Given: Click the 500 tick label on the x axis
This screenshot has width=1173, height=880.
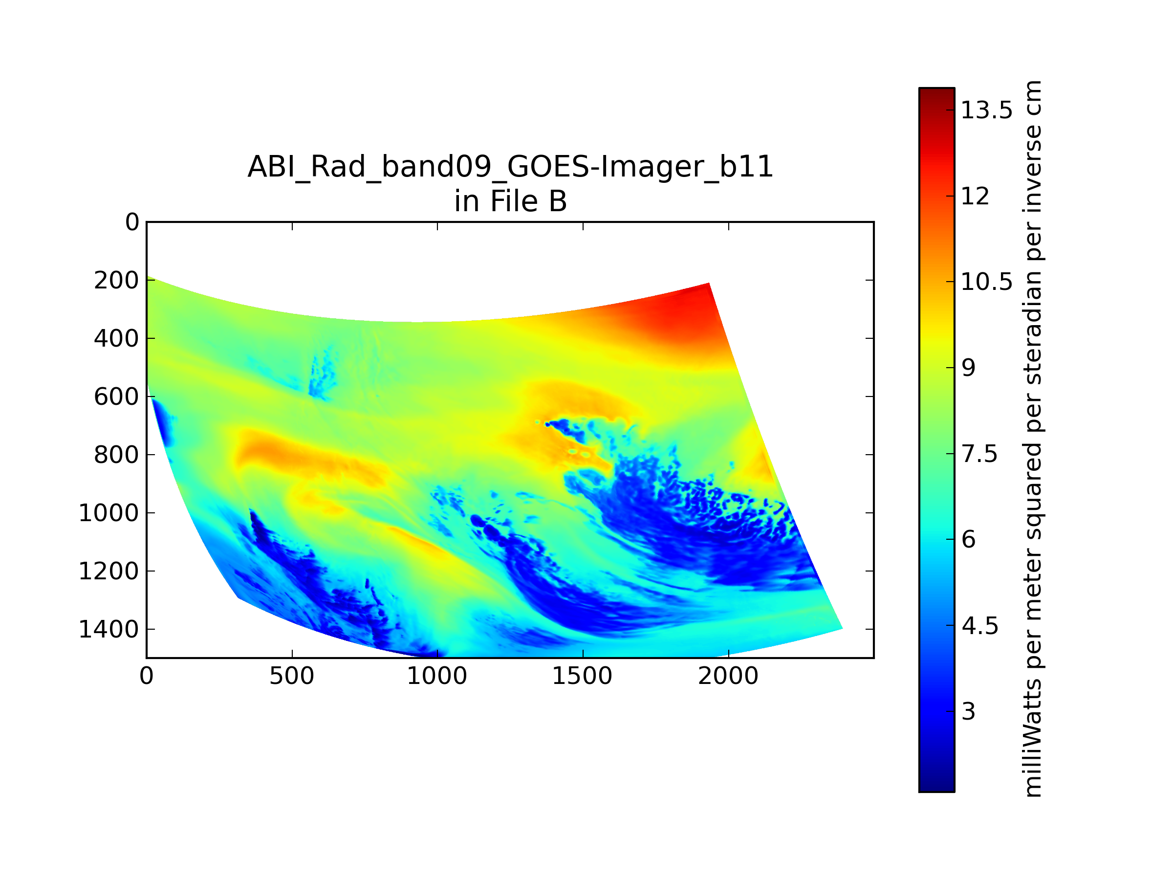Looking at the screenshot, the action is coord(292,676).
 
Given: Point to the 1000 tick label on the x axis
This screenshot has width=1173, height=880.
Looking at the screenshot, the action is coord(437,676).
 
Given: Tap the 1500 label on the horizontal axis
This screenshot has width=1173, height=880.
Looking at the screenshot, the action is coord(582,676).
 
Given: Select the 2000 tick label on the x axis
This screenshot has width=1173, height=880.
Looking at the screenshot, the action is coord(728,676).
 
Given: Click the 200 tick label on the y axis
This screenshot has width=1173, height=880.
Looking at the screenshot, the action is coord(117,281).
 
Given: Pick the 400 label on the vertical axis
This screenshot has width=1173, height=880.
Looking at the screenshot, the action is coord(117,338).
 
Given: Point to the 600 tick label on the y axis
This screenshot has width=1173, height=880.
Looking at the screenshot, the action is coord(117,397).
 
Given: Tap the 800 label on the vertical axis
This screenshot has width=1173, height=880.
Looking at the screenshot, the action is coord(117,455).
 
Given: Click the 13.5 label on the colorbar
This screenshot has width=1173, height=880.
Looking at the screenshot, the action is coord(987,110).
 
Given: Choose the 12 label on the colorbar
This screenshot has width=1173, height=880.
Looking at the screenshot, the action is coord(976,196).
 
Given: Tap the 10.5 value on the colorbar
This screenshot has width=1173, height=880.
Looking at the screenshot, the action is coord(987,282).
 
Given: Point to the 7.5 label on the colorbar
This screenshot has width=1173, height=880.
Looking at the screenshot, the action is coord(979,454).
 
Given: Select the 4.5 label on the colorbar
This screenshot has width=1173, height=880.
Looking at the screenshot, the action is coord(980,626).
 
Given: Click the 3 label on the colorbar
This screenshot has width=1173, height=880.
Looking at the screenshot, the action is coord(968,711).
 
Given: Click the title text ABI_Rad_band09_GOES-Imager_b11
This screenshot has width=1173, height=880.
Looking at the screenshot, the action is coord(510,168).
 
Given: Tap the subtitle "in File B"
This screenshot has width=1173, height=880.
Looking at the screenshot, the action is coord(510,201).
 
